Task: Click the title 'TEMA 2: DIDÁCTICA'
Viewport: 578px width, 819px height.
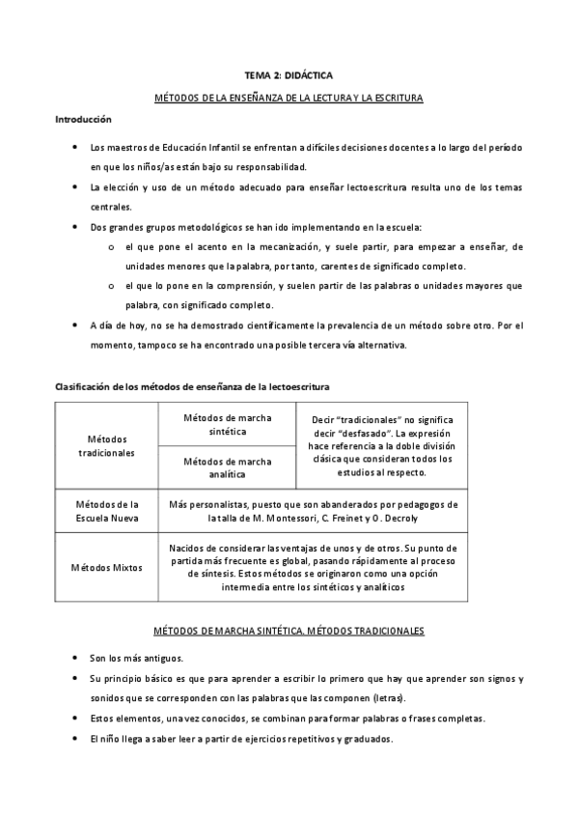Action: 289,73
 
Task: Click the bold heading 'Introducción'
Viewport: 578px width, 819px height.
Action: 83,120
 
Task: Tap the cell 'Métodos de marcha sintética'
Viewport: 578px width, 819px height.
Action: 227,424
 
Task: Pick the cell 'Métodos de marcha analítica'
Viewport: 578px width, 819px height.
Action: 227,467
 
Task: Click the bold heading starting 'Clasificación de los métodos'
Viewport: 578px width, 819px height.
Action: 191,386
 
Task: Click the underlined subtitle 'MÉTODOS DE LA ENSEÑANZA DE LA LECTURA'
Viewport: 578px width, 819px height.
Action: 289,99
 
